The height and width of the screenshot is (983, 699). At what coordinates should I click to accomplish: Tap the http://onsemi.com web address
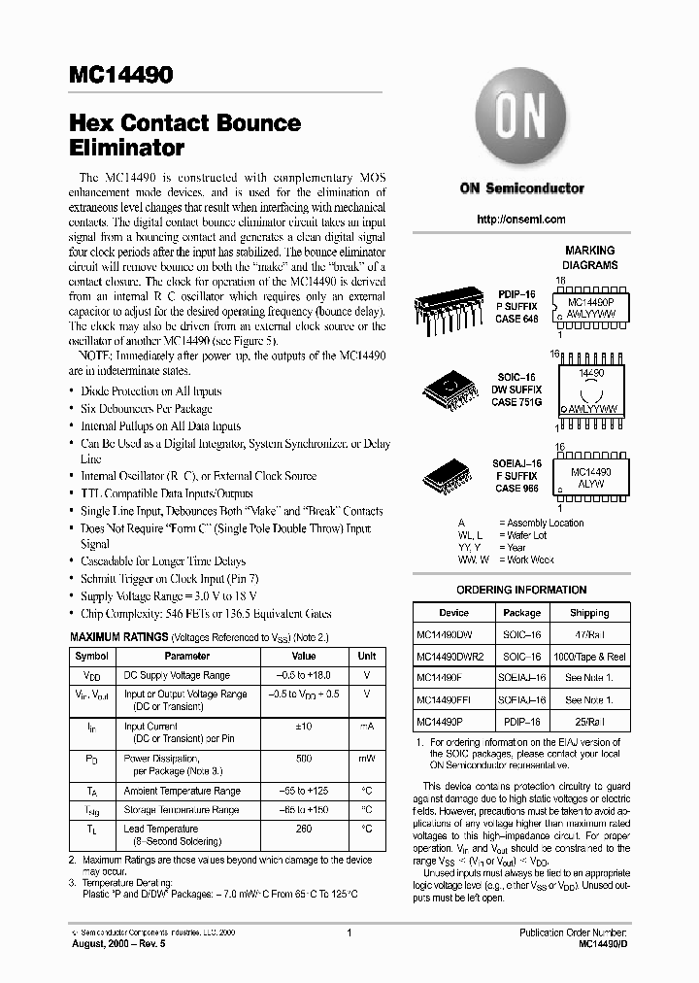[x=521, y=220]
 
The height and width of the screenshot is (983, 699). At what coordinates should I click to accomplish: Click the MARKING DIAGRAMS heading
[x=589, y=257]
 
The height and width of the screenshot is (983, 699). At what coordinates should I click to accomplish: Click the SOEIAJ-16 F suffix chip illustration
[x=451, y=476]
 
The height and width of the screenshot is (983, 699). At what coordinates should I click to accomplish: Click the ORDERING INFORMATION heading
[x=521, y=590]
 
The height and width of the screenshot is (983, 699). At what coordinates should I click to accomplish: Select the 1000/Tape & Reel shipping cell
[x=589, y=657]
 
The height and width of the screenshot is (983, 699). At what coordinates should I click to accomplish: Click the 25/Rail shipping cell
[x=589, y=723]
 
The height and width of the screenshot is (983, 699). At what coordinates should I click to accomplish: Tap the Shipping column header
[x=589, y=613]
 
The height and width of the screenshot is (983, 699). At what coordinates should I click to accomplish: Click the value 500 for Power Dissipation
[x=303, y=758]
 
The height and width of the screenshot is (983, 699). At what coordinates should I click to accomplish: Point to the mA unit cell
[x=367, y=726]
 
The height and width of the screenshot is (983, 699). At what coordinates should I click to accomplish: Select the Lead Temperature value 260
[x=303, y=829]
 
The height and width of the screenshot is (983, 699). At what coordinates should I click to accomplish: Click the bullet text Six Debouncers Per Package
[x=149, y=409]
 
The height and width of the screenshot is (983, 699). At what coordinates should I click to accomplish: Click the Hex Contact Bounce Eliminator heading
[x=184, y=136]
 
